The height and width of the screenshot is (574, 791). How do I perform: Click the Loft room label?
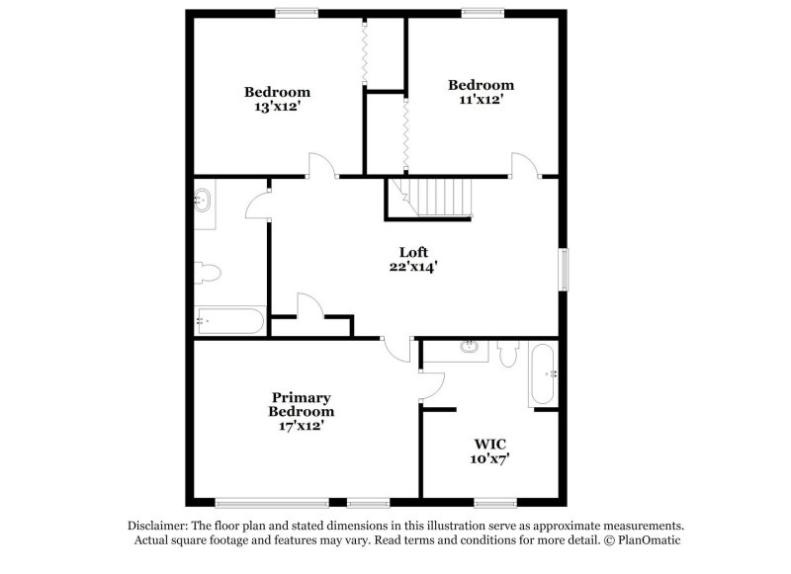coord(413,251)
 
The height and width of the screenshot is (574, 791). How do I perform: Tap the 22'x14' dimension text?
coord(413,266)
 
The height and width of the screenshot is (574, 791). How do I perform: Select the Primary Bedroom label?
coord(302,404)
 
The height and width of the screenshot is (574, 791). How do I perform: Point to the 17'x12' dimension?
coord(302,426)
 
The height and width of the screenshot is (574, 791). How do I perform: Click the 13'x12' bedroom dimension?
coord(277,107)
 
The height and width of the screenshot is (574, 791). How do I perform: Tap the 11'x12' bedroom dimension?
coord(481,99)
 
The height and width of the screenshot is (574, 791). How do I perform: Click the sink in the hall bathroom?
coord(203,201)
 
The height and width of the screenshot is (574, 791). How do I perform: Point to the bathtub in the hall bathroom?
coord(229,320)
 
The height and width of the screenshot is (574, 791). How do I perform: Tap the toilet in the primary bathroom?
coord(508,354)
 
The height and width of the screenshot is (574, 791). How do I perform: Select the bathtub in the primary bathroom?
coord(543,374)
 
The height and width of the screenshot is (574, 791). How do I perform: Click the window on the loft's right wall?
coord(565,269)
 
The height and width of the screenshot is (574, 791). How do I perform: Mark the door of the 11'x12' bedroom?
coord(523,166)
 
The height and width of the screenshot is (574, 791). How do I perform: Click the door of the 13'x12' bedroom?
coord(322,166)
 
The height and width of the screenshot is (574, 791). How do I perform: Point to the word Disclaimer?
coord(157,526)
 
